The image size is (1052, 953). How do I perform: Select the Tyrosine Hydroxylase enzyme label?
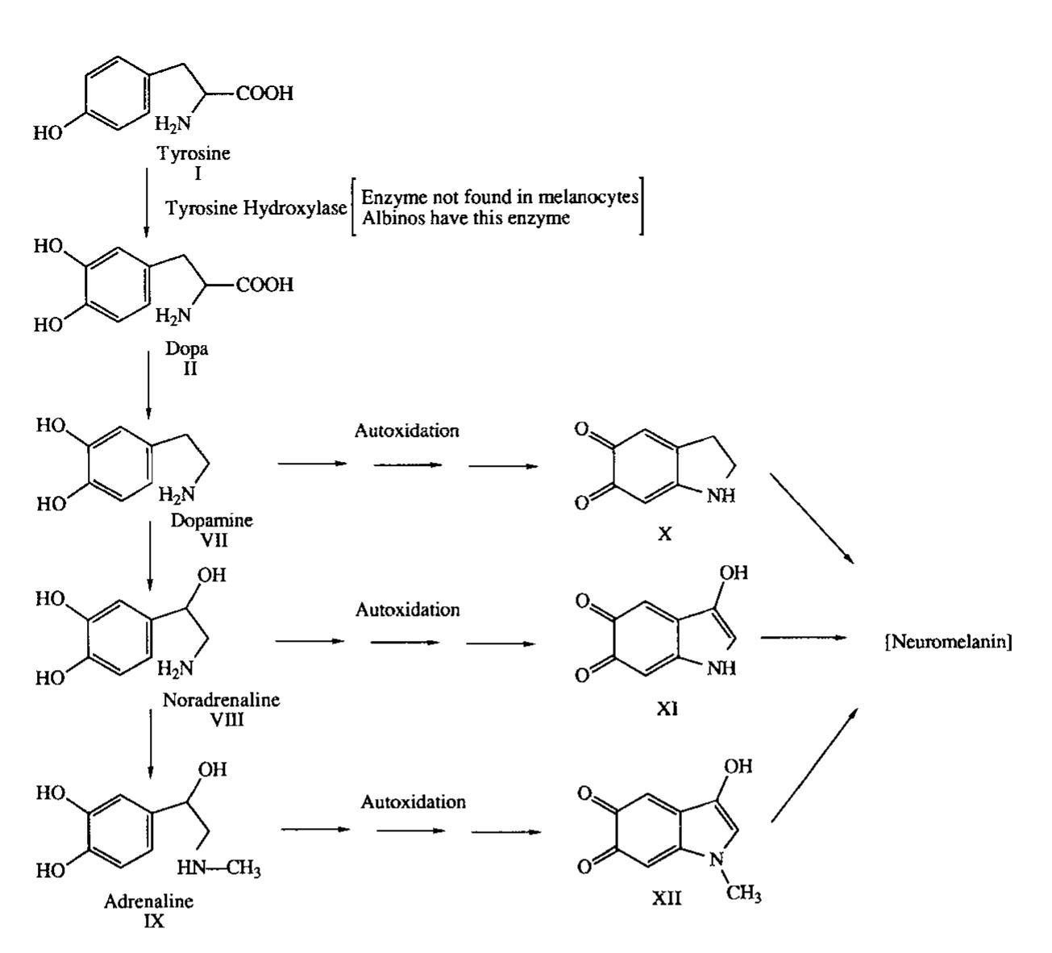point(256,209)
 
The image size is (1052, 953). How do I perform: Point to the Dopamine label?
point(211,521)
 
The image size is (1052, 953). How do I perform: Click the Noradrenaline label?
point(221,699)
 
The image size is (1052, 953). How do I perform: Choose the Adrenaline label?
point(148,901)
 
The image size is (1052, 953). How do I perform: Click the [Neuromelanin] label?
point(949,643)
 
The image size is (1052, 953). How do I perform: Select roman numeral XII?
point(667,897)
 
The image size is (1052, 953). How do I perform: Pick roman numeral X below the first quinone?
point(664,534)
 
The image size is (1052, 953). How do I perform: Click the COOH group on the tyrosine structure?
point(265,94)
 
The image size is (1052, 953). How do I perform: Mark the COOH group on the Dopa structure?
point(265,285)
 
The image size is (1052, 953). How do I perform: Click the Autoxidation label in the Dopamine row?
point(406,431)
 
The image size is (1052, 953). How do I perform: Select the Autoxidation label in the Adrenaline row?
point(413,802)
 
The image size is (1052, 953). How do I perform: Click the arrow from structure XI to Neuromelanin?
point(803,637)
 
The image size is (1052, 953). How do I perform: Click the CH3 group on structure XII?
point(744,895)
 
